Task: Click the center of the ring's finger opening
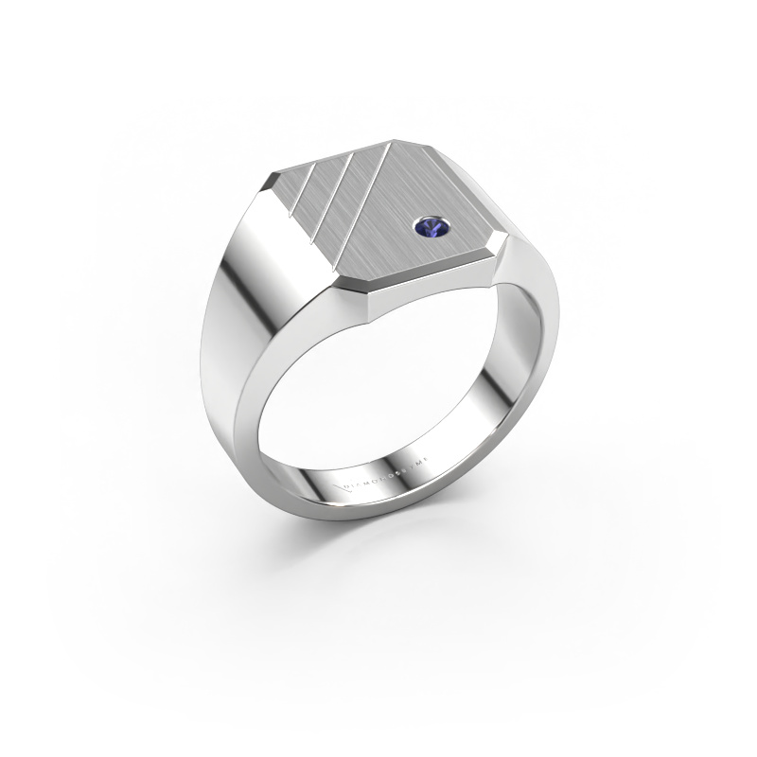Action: coord(378,397)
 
